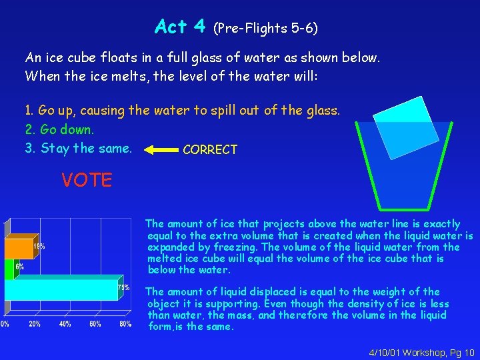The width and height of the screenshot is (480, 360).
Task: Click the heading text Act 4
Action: (x=179, y=27)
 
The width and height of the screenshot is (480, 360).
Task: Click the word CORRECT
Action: (x=210, y=150)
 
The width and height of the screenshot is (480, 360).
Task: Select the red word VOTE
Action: (x=87, y=179)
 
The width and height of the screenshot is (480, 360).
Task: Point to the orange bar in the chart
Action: (x=19, y=248)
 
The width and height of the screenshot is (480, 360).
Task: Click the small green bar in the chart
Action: (x=9, y=269)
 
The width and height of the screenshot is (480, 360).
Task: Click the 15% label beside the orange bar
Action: (x=39, y=246)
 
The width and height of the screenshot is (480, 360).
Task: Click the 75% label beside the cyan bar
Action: (x=123, y=287)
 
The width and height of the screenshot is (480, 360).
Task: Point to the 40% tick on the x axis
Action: (x=65, y=324)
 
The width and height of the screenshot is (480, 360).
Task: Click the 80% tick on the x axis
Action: (x=125, y=324)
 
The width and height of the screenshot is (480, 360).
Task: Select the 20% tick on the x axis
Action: (x=35, y=324)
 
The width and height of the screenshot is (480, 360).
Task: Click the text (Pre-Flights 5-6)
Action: (x=265, y=28)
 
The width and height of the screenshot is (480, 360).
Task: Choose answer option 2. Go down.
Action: (x=59, y=129)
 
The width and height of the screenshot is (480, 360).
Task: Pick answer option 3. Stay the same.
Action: (x=78, y=148)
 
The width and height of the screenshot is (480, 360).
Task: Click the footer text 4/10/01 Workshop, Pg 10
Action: (x=421, y=351)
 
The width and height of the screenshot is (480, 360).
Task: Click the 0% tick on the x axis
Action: (x=5, y=324)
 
